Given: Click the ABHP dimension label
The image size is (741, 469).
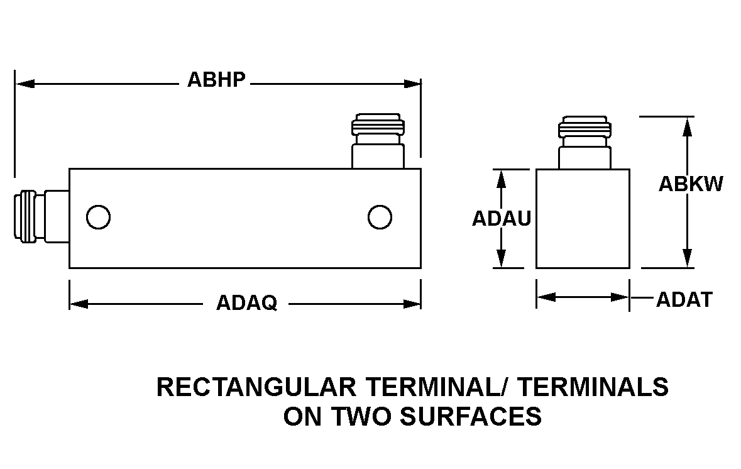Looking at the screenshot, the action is coord(216,80).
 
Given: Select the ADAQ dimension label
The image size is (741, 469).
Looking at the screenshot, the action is coord(246,302).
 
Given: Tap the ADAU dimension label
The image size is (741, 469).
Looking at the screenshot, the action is coord(502,218).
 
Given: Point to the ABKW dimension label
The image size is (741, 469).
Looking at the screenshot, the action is coord(691,184).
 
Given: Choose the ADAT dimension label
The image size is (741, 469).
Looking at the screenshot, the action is coord(684,300).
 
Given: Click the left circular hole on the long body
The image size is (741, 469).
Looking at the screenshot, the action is coord(98,218).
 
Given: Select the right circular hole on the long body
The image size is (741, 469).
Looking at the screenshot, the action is coord(380,218).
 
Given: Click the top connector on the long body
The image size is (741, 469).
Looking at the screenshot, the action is coord(378,141).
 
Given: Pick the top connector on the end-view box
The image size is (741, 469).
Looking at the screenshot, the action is coord(585,142).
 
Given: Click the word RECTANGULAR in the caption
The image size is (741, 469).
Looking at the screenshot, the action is coord(256,387).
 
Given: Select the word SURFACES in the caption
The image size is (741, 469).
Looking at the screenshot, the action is coord(471,417).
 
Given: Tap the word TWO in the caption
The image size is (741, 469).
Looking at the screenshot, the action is coord(361,417).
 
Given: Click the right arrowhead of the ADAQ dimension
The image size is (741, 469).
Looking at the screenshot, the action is coord(412,304).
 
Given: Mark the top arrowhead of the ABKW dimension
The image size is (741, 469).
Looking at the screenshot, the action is coord(688,126).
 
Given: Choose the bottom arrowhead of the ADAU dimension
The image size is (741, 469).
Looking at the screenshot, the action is coord(502,258).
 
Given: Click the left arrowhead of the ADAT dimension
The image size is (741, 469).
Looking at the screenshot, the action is coord(546,297).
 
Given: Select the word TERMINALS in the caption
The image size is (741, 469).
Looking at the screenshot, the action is coord(593,387).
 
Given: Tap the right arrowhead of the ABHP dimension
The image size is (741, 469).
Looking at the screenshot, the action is coord(412,84).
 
